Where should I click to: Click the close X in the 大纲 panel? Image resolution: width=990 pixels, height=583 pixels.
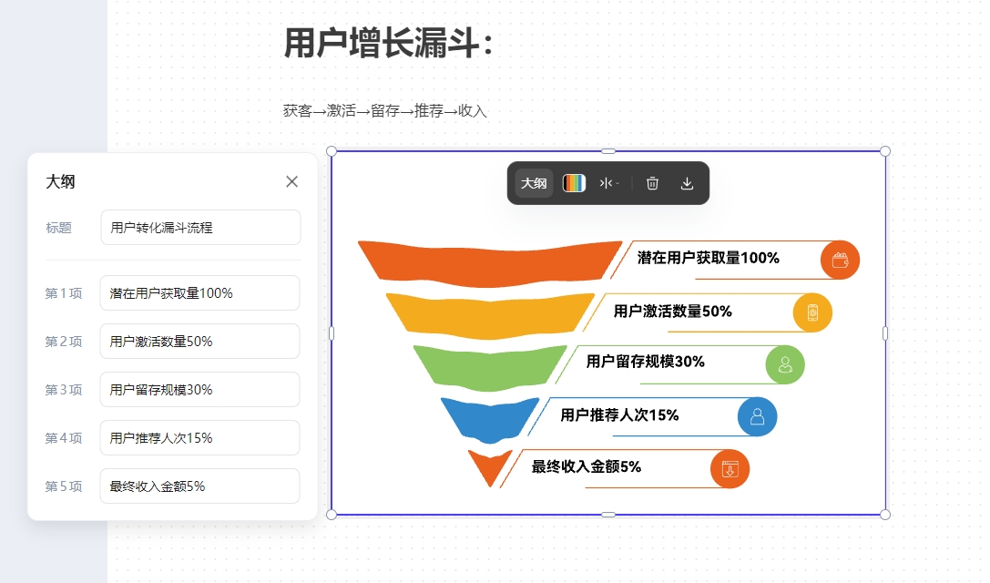click(x=291, y=182)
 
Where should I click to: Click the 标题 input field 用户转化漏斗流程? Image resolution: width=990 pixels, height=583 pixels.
click(x=200, y=228)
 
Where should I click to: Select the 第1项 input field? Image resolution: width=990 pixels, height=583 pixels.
click(x=200, y=293)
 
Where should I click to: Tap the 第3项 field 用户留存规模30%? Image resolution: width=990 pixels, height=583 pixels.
click(x=200, y=390)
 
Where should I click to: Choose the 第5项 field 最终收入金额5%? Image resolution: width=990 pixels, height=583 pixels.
click(x=200, y=486)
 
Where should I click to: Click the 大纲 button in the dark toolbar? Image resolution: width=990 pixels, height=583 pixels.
click(x=534, y=183)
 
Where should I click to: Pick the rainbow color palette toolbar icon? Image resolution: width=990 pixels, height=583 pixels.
click(x=574, y=183)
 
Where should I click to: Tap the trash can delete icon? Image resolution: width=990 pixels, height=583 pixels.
click(x=652, y=183)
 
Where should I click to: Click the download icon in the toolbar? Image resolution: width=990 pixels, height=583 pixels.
click(x=687, y=183)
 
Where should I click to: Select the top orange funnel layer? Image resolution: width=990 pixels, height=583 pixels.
click(x=490, y=261)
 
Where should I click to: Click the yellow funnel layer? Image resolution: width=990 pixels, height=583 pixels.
click(x=490, y=315)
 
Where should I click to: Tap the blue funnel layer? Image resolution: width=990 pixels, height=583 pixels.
click(x=490, y=419)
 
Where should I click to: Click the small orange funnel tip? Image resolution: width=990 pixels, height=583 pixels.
click(x=490, y=467)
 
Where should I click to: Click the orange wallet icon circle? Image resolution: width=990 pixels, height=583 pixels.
click(x=840, y=261)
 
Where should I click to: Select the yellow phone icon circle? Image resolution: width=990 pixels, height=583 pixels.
click(x=812, y=312)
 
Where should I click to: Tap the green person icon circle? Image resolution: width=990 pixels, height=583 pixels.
click(x=785, y=364)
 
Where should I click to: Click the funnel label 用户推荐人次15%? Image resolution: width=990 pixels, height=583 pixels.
click(x=619, y=415)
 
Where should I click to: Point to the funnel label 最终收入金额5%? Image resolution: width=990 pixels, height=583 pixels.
click(x=586, y=466)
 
